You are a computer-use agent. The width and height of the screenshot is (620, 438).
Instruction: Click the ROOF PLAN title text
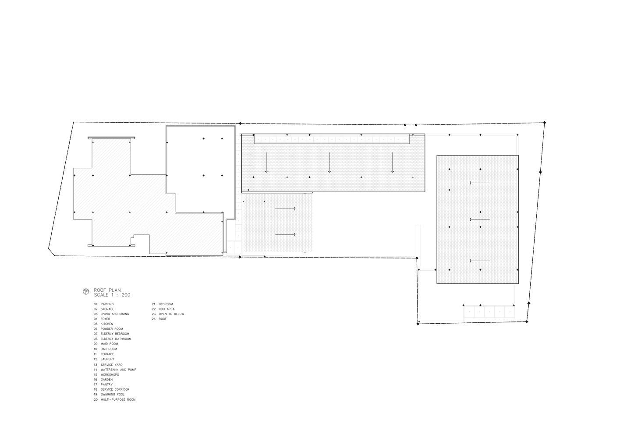[x=107, y=290]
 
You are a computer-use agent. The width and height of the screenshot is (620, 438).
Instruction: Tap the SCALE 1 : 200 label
[x=112, y=295]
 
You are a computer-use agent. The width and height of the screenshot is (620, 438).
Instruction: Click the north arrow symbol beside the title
[x=86, y=292]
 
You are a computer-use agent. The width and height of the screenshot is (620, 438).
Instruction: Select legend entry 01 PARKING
[x=103, y=304]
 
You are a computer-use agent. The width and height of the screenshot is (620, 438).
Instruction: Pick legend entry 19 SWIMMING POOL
[x=109, y=394]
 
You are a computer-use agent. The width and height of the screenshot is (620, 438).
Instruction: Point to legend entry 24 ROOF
[x=159, y=319]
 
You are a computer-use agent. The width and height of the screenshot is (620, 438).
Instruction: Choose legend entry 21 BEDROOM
[x=162, y=304]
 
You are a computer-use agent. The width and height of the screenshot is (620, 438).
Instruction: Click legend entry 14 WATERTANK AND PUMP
[x=115, y=370]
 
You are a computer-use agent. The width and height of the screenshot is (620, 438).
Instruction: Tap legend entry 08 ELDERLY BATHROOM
[x=112, y=339]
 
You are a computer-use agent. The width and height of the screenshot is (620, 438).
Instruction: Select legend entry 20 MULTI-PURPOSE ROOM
[x=115, y=399]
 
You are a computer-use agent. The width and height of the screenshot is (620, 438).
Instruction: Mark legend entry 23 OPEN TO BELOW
[x=168, y=314]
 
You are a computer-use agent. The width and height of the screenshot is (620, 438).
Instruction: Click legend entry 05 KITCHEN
[x=103, y=324]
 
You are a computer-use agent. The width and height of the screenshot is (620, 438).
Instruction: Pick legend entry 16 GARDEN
[x=103, y=380]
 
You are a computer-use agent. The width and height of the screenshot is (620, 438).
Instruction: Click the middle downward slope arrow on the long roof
[x=329, y=162]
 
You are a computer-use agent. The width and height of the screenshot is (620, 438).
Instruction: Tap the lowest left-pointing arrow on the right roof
[x=480, y=261]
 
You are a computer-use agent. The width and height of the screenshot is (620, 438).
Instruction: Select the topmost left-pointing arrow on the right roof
[x=480, y=183]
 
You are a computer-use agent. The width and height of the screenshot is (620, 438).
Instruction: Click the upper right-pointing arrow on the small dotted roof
[x=285, y=208]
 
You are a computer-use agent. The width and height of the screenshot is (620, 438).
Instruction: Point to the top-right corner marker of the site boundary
[x=545, y=123]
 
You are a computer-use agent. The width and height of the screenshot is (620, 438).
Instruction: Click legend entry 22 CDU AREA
[x=163, y=309]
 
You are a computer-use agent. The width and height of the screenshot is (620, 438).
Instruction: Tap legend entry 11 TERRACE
[x=104, y=354]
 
